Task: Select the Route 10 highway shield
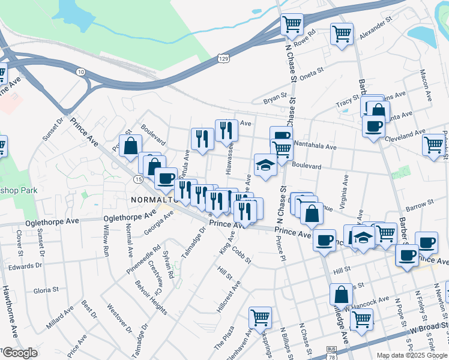[80, 71]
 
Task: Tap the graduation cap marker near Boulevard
[265, 165]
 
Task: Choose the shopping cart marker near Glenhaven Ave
[260, 317]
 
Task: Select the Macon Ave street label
[427, 86]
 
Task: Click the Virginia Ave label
[345, 189]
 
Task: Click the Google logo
[20, 353]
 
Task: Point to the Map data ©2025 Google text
[412, 355]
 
